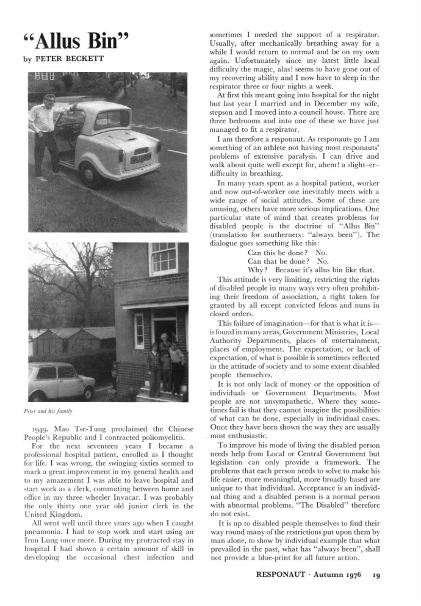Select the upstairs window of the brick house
coord(163,258)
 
